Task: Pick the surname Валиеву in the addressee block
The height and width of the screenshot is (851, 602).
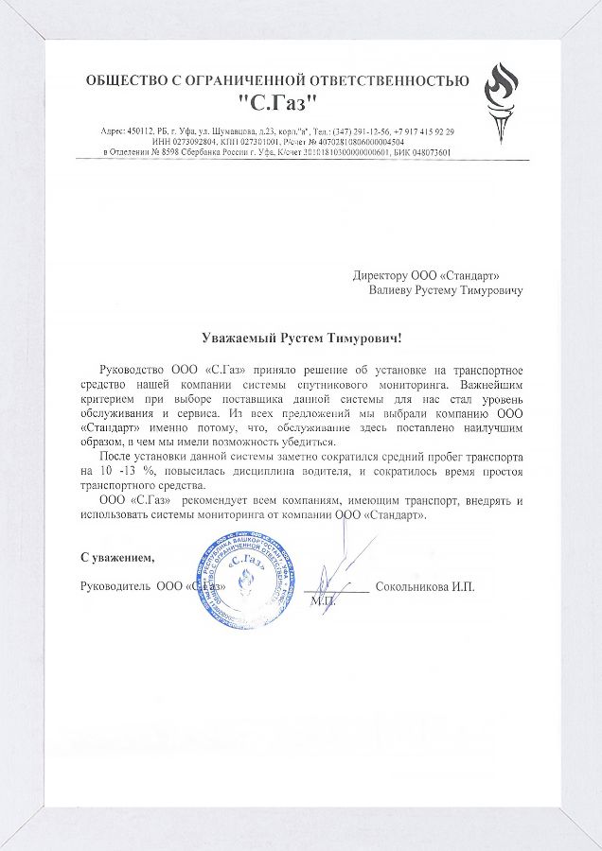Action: pyautogui.click(x=394, y=291)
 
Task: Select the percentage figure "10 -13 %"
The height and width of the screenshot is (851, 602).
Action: pyautogui.click(x=129, y=470)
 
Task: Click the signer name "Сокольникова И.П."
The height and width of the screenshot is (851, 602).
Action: pyautogui.click(x=425, y=586)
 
